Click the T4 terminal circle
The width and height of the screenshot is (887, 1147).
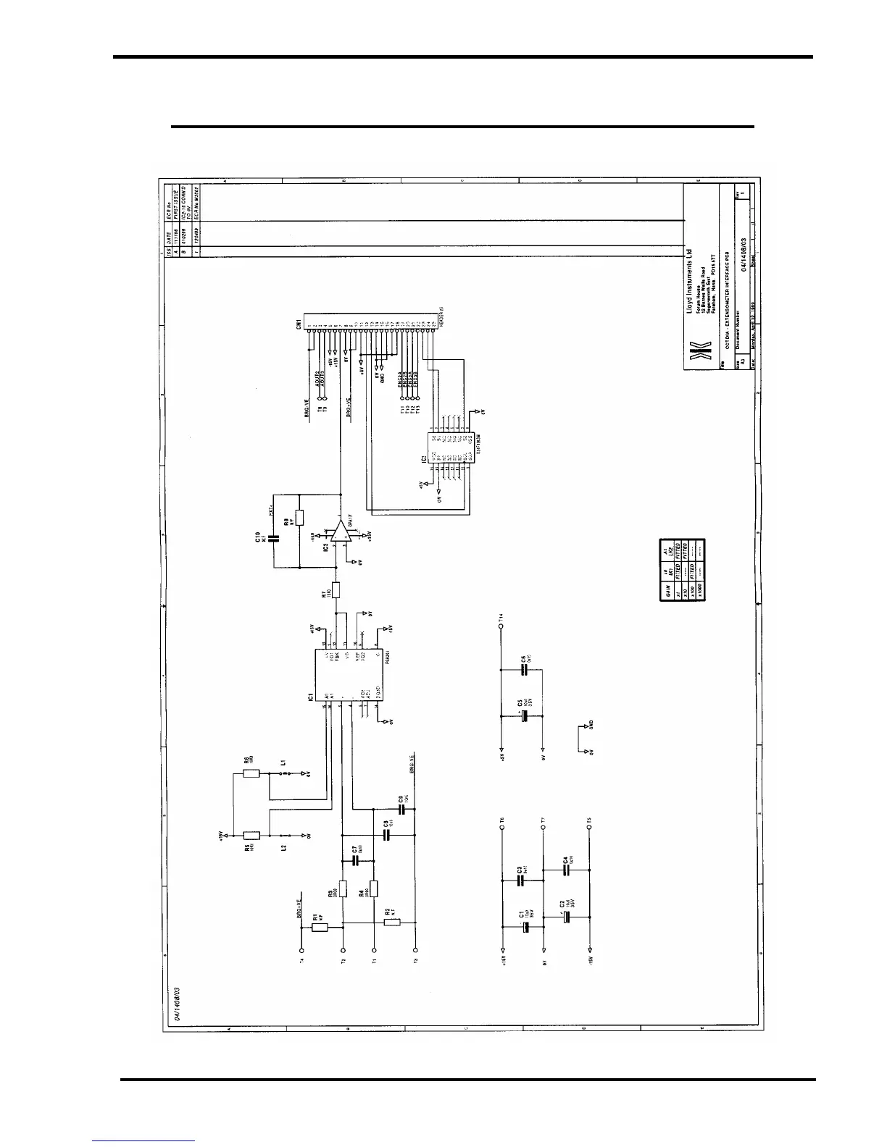pyautogui.click(x=301, y=949)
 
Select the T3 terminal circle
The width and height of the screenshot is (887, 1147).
pyautogui.click(x=416, y=949)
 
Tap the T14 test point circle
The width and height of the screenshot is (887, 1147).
pyautogui.click(x=501, y=622)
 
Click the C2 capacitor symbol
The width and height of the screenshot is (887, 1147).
pyautogui.click(x=567, y=916)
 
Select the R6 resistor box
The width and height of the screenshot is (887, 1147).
pyautogui.click(x=251, y=773)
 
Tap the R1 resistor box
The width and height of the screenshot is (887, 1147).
pyautogui.click(x=320, y=927)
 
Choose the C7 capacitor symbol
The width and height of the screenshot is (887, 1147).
pyautogui.click(x=355, y=860)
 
